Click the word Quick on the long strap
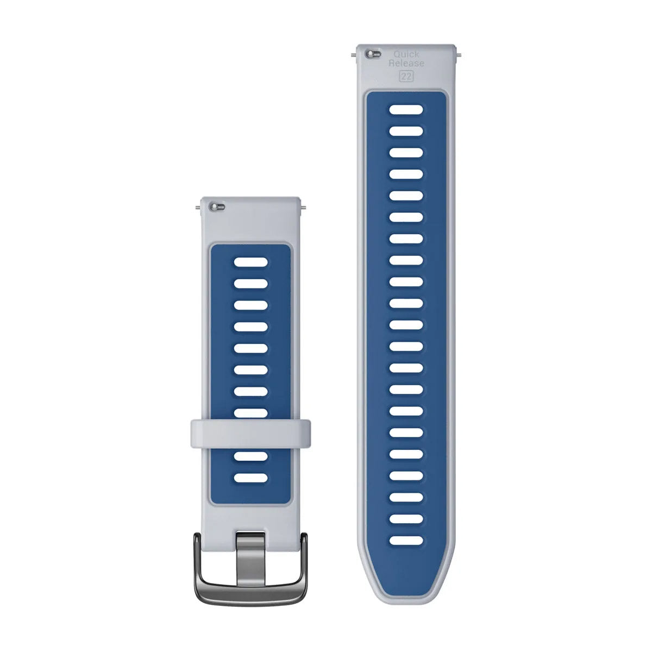click(x=406, y=54)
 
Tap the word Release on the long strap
click(x=406, y=64)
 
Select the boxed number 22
click(x=406, y=76)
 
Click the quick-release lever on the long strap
click(x=372, y=54)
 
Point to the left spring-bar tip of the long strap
click(x=354, y=54)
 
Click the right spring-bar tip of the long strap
click(x=460, y=54)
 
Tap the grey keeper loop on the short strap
click(x=250, y=431)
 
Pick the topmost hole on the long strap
click(x=406, y=110)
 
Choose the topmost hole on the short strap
click(x=250, y=263)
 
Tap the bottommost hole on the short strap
click(x=250, y=478)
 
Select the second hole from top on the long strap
click(x=406, y=131)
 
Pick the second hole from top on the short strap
click(x=250, y=284)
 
